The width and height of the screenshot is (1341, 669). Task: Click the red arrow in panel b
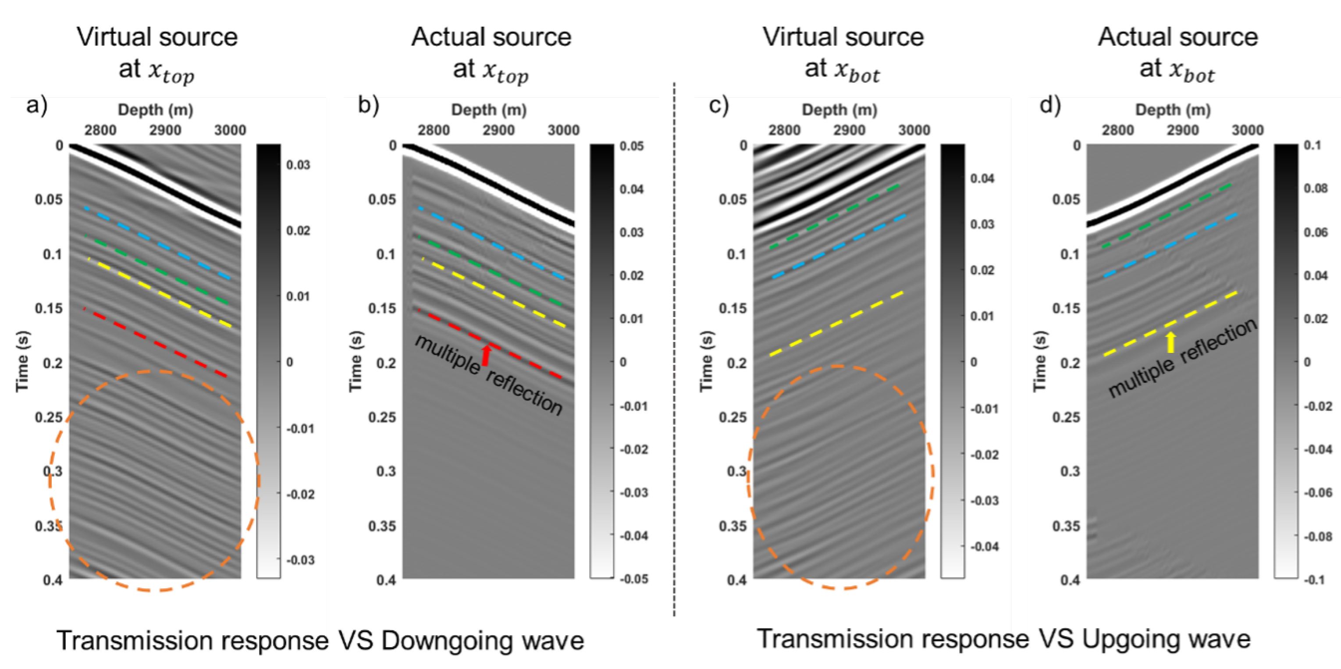486,355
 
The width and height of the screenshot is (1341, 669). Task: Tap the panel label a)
36,106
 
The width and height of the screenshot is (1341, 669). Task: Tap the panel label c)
719,106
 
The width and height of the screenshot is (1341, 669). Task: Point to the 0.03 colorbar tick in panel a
298,165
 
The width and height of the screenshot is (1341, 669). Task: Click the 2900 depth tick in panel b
498,130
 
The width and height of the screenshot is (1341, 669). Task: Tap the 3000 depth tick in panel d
1247,130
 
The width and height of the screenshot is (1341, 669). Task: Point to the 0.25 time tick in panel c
732,417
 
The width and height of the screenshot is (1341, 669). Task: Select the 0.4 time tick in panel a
53,580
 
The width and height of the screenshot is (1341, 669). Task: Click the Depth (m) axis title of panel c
839,110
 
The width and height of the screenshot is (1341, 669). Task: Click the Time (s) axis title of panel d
1039,361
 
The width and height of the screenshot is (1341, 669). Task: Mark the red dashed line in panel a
156,342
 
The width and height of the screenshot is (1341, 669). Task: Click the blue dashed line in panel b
491,242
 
